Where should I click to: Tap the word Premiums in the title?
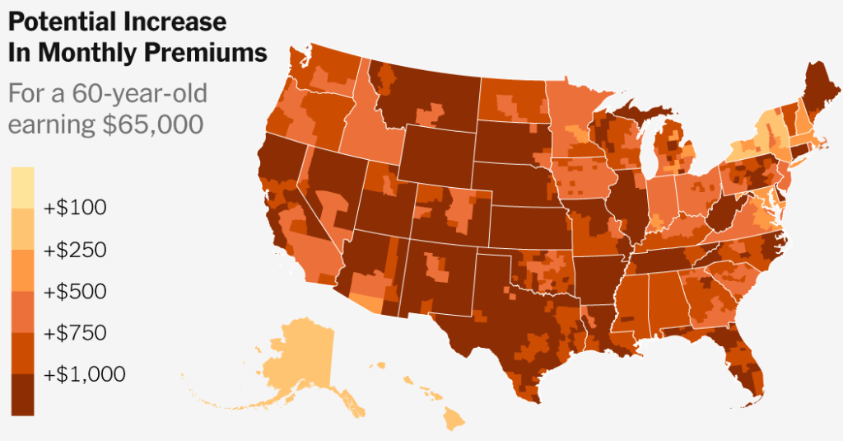pos(207,53)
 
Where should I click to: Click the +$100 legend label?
pos(76,207)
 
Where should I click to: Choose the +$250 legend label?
pos(76,249)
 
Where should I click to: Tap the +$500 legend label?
pos(76,291)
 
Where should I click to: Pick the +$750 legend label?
pos(76,333)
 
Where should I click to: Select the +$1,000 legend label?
pos(85,374)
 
